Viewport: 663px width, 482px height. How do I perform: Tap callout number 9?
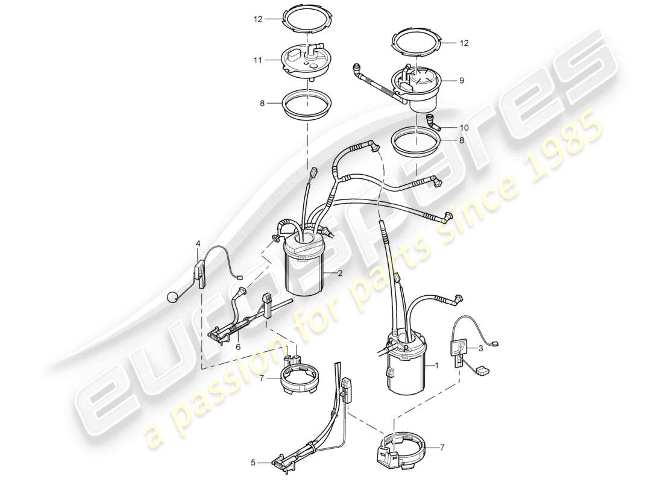[x=462, y=80]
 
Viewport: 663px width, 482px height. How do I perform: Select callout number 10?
[x=463, y=128]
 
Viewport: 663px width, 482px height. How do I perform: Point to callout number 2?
[x=340, y=273]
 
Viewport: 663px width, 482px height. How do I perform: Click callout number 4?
[x=198, y=243]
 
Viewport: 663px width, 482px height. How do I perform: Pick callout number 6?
[x=237, y=348]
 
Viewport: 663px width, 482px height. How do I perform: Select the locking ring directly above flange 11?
[x=307, y=20]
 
